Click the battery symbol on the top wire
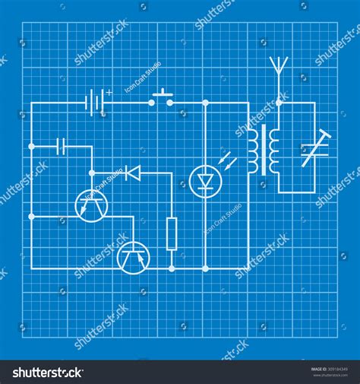point(94,101)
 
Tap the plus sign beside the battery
point(109,92)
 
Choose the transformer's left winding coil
point(252,150)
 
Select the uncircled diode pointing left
point(134,173)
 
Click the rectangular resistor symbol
point(172,233)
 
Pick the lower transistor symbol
point(134,256)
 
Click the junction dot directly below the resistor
point(172,268)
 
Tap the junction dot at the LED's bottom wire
point(204,268)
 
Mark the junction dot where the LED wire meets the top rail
point(204,102)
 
